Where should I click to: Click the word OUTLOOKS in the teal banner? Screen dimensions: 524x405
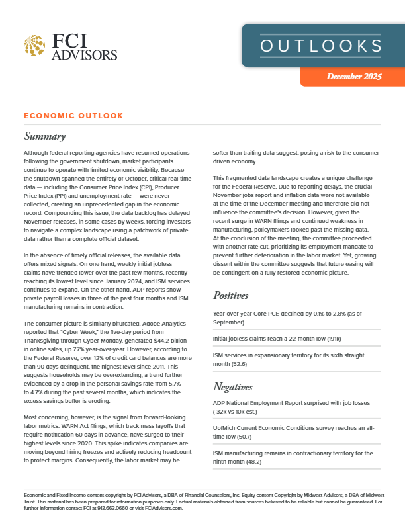[x=321, y=46]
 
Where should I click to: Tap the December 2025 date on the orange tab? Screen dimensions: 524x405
[x=354, y=77]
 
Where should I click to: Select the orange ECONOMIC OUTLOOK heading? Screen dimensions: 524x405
[x=73, y=116]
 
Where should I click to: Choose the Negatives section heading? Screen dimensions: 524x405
[x=236, y=386]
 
